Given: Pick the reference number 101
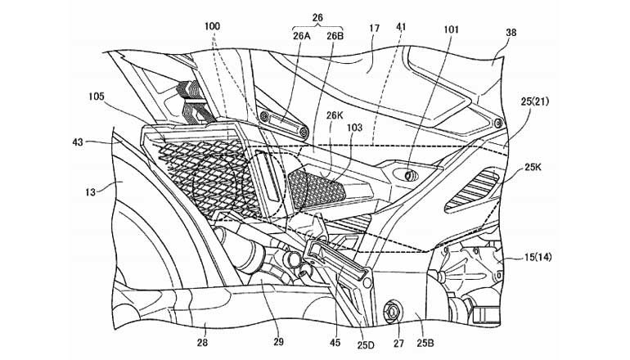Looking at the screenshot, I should [x=452, y=28].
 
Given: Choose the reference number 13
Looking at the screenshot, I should [x=90, y=191].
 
